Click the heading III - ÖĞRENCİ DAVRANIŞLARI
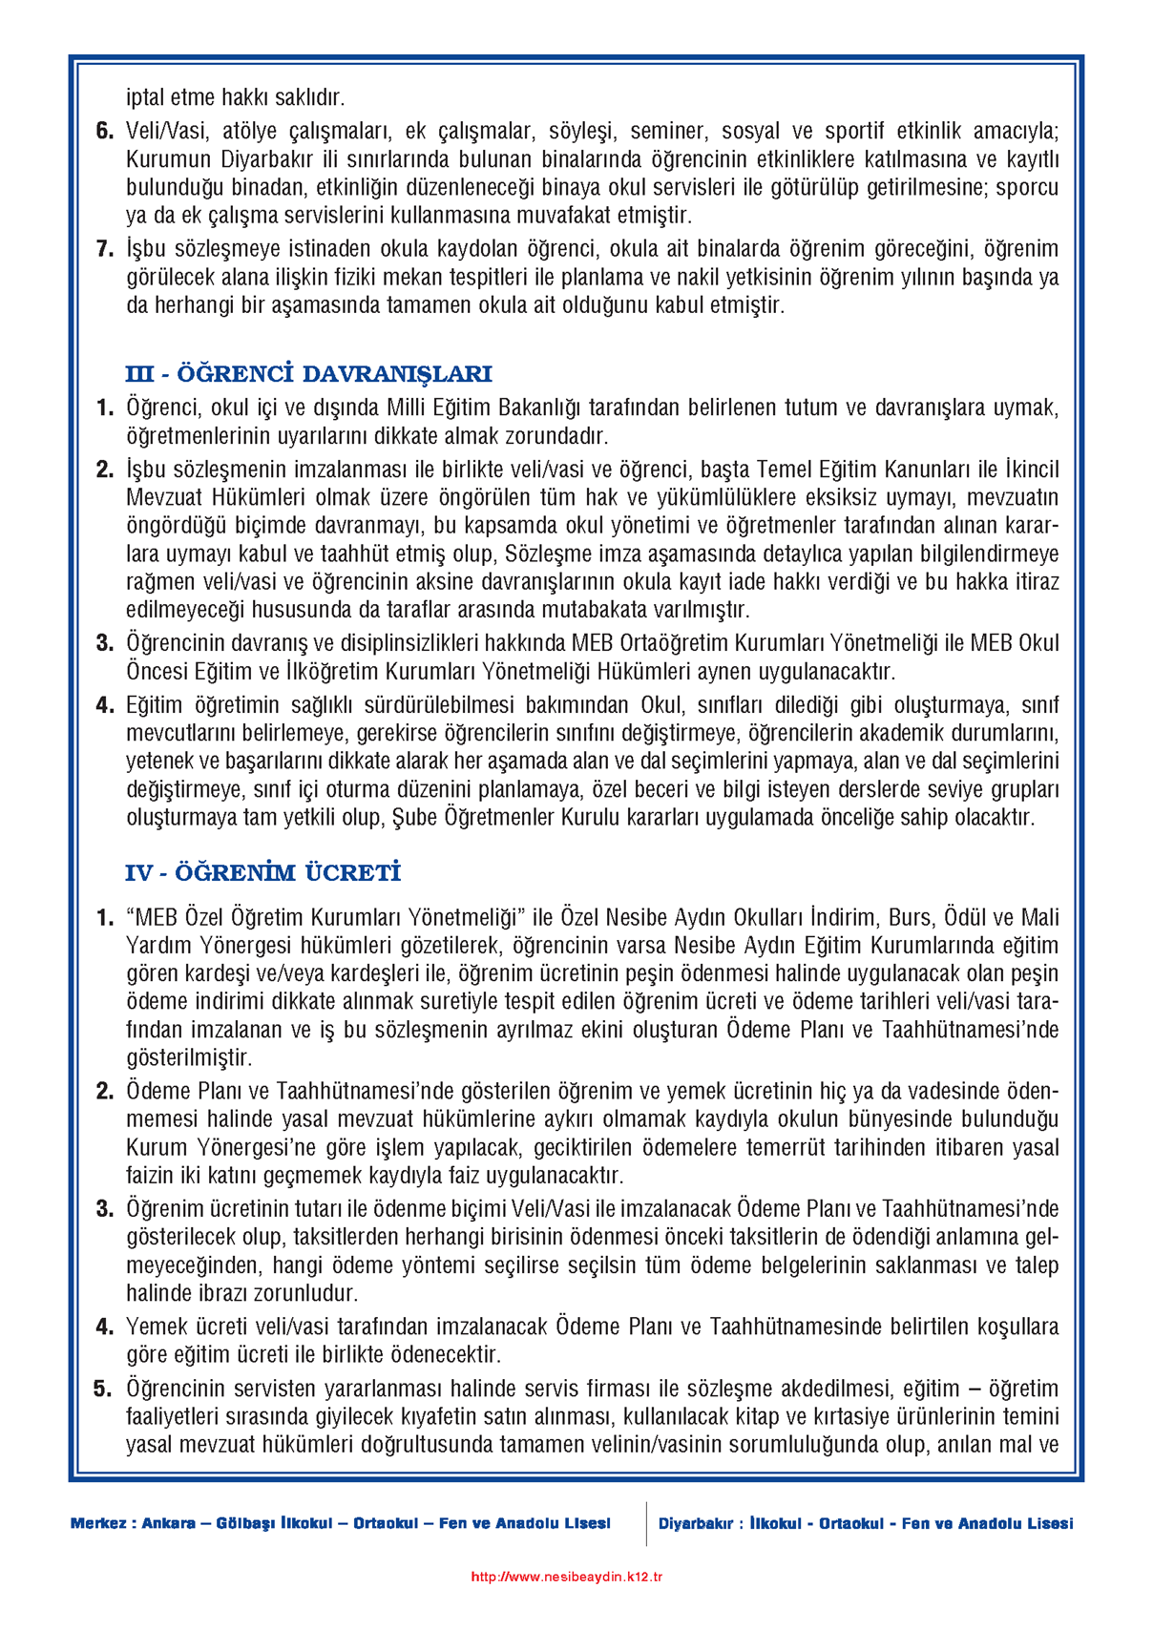click(308, 373)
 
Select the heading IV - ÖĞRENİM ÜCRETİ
click(262, 873)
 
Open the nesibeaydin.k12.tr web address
click(567, 1577)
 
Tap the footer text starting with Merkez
click(340, 1523)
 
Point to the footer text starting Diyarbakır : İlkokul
click(866, 1523)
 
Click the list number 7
click(105, 250)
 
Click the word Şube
click(414, 818)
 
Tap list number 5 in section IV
click(104, 1389)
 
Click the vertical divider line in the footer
click(646, 1523)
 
